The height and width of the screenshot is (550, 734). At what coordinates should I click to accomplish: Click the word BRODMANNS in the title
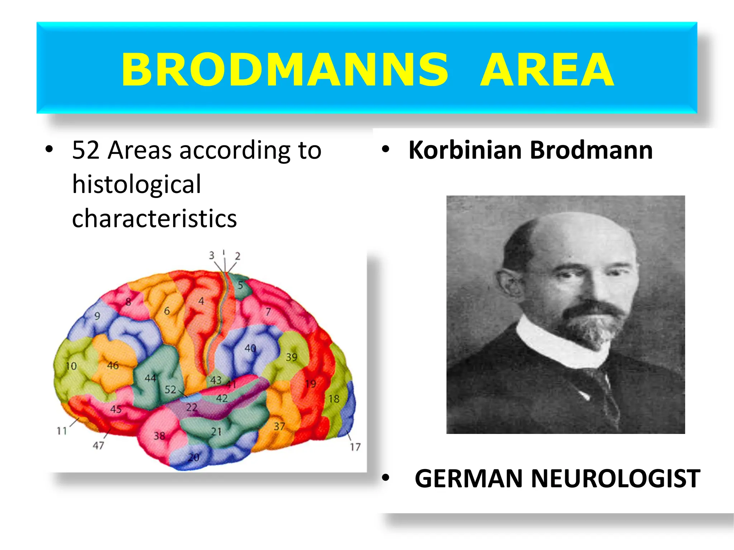(x=285, y=69)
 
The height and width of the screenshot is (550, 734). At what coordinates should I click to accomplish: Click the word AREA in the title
(x=547, y=69)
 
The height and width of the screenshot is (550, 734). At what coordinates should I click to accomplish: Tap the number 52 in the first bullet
(x=85, y=150)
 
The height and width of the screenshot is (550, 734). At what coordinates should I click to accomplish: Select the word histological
(x=137, y=184)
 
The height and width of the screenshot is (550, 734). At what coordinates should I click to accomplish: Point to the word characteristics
(x=154, y=218)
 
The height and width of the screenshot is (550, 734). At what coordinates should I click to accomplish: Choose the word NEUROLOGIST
(x=615, y=478)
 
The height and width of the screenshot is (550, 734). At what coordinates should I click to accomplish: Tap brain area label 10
(x=71, y=366)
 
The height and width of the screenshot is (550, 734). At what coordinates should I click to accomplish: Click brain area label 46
(x=113, y=365)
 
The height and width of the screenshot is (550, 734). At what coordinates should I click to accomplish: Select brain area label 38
(x=159, y=436)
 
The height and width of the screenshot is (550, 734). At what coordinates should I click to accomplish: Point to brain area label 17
(x=355, y=447)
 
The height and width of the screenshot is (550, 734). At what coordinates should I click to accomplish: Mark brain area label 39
(x=291, y=357)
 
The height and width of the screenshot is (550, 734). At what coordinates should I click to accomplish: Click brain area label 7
(x=268, y=312)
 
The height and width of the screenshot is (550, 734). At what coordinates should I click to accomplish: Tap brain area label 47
(x=98, y=445)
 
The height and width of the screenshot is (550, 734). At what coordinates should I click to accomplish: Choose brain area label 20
(x=194, y=457)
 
